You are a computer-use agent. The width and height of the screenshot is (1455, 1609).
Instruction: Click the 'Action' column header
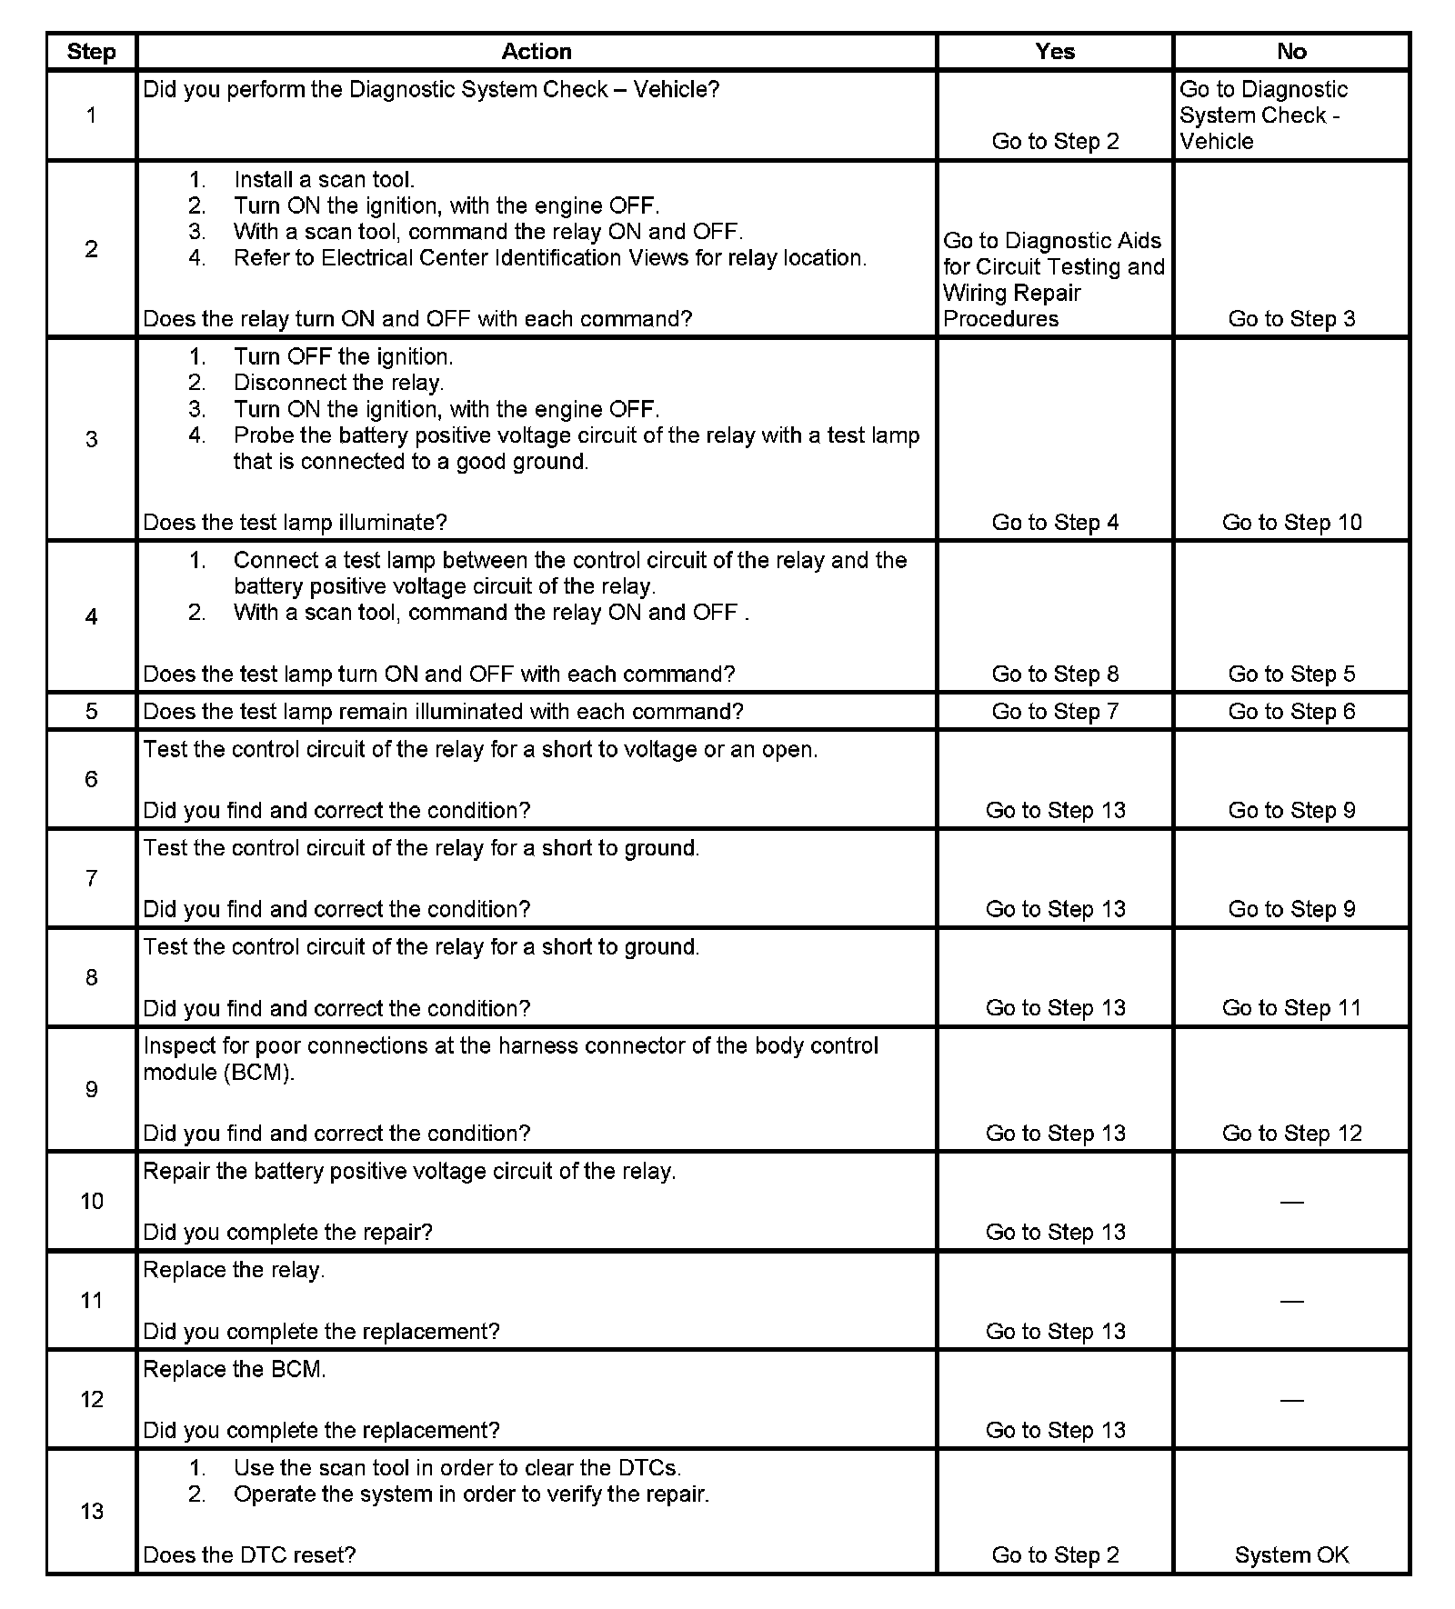tap(537, 52)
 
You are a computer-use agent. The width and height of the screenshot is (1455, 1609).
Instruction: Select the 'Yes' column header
tap(1055, 52)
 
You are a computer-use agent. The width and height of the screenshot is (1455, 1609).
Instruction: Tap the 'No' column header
tap(1291, 52)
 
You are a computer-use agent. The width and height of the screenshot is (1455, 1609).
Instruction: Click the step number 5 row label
tap(91, 711)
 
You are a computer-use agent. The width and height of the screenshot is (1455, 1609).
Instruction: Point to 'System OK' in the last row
tap(1291, 1554)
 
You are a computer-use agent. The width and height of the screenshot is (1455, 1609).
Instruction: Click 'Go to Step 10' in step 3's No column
tap(1291, 522)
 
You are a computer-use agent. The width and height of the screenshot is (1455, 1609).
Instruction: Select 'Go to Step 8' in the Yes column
tap(1055, 674)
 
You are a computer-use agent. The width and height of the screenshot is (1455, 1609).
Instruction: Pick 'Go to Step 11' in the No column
tap(1291, 1007)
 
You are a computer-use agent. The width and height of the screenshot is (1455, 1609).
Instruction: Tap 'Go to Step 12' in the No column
tap(1291, 1133)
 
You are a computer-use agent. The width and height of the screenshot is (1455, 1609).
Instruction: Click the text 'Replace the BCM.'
tap(235, 1369)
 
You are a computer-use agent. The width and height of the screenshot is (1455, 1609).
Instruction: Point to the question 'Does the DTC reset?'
tap(249, 1554)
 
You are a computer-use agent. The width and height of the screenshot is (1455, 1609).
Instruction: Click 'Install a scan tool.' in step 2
tap(324, 180)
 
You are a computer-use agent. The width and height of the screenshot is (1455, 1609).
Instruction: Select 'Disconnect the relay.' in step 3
tap(338, 383)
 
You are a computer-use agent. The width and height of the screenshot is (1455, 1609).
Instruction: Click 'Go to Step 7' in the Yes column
tap(1055, 711)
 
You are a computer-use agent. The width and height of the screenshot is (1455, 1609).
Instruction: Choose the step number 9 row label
tap(91, 1089)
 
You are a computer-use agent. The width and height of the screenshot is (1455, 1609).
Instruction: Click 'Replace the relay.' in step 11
tap(234, 1270)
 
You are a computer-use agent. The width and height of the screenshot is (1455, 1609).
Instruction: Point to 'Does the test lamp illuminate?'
tap(296, 522)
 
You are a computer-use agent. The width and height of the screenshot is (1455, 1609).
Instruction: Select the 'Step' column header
tap(91, 52)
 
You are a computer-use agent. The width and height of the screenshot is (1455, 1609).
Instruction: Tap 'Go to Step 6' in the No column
tap(1291, 711)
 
